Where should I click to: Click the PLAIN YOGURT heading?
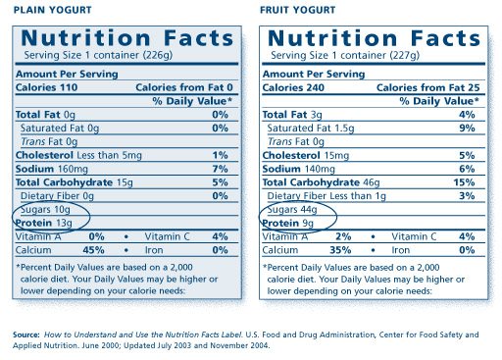point(52,10)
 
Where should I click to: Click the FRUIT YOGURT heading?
point(297,10)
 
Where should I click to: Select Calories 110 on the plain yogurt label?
point(46,87)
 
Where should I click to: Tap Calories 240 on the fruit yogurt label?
point(293,87)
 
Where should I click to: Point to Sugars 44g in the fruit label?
point(292,210)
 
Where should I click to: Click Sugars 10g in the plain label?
point(45,210)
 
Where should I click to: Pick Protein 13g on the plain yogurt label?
point(44,223)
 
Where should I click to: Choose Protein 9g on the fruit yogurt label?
point(288,224)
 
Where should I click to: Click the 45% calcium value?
point(93,250)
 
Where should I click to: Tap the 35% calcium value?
point(340,250)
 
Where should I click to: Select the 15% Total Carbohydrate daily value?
point(464,182)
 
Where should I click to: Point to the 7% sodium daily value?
point(220,169)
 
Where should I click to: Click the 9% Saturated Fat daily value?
point(467,128)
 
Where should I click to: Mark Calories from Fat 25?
point(428,87)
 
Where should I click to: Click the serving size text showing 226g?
point(98,55)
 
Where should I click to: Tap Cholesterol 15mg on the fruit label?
point(306,155)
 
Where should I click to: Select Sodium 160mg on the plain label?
point(52,169)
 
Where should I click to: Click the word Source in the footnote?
point(26,334)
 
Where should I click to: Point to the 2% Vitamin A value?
point(343,236)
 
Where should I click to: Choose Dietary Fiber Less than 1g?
point(326,196)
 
